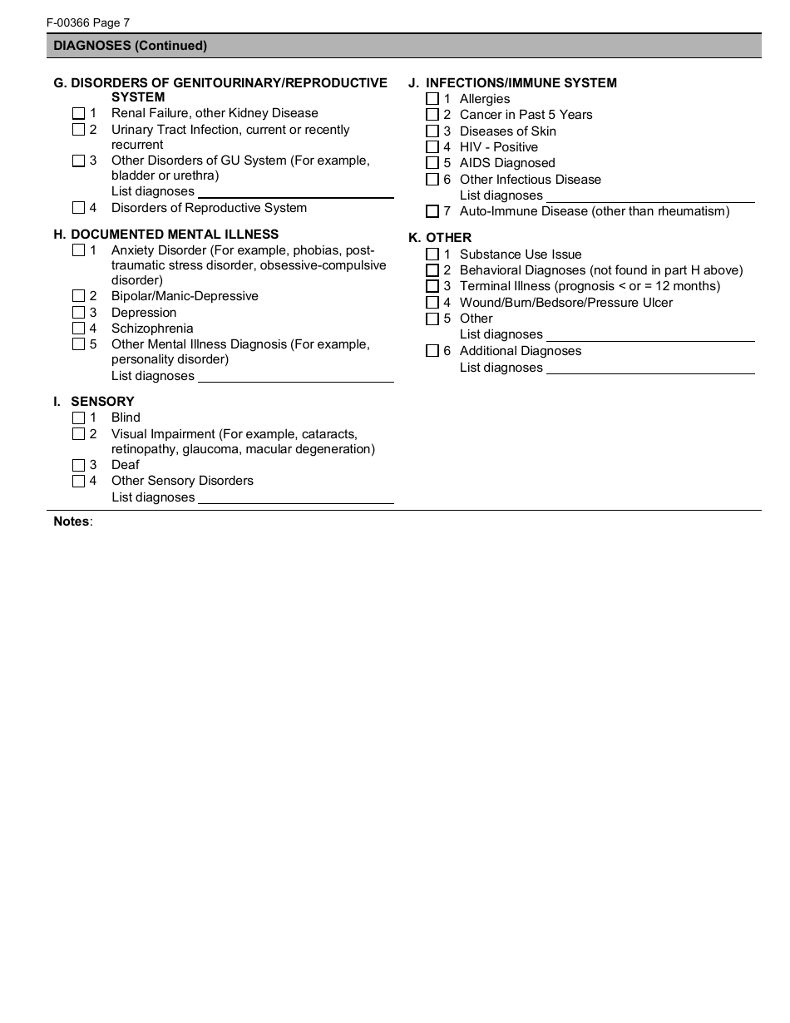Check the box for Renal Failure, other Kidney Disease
tap(78, 113)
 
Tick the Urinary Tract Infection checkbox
tap(78, 130)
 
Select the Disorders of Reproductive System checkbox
tap(78, 208)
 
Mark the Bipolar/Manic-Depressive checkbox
tap(78, 296)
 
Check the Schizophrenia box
tap(78, 329)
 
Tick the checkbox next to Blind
tap(78, 418)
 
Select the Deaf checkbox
tap(78, 465)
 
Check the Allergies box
tap(432, 99)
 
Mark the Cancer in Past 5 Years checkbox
tap(432, 115)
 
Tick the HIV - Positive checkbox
tap(432, 147)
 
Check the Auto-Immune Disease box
tap(432, 211)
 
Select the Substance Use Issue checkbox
tap(432, 255)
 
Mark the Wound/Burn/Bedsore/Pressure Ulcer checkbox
tap(432, 303)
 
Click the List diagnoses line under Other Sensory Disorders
tap(295, 497)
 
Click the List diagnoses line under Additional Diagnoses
tap(649, 368)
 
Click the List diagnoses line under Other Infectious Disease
tap(649, 195)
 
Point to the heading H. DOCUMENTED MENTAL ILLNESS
tap(166, 235)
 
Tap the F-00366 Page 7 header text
tap(88, 23)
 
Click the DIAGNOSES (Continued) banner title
tap(131, 46)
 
